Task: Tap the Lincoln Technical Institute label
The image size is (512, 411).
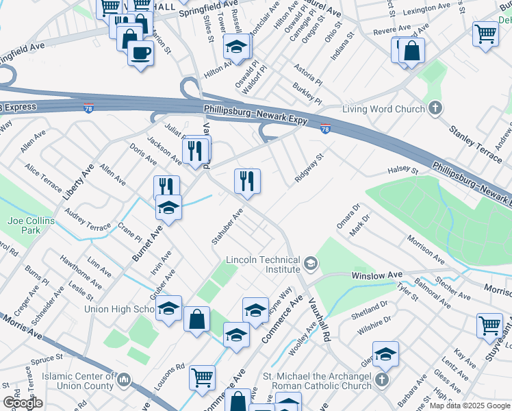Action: point(264,265)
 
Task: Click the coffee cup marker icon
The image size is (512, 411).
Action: point(141,52)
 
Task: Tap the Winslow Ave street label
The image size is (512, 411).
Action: point(377,275)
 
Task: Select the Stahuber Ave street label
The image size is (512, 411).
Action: point(227,227)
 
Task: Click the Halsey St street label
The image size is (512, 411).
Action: point(402,170)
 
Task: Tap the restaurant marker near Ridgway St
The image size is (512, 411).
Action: point(246,180)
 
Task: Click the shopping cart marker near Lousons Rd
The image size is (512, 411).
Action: point(202,377)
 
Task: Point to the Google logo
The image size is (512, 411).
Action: point(23,403)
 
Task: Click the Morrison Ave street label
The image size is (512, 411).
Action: point(424,248)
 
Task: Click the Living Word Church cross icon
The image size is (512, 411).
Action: point(435,108)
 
